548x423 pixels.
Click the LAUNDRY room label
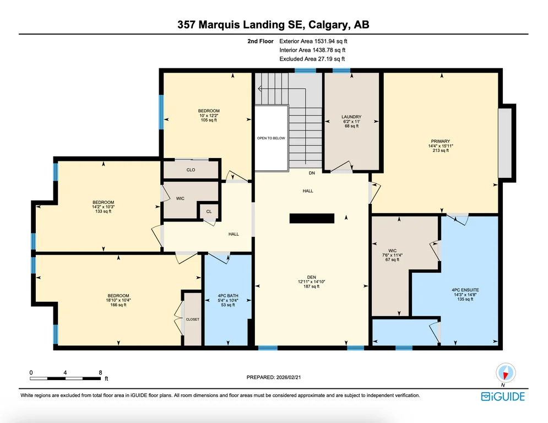click(351, 117)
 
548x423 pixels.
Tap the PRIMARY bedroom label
click(441, 141)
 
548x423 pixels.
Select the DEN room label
click(311, 277)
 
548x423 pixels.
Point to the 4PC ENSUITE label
click(465, 290)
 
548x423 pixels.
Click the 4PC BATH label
click(228, 296)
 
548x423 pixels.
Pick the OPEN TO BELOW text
click(271, 138)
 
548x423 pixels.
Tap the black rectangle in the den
click(312, 219)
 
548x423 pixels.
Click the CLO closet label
click(191, 170)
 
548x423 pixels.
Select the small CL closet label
click(209, 211)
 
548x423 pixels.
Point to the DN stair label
click(312, 173)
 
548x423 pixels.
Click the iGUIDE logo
click(503, 397)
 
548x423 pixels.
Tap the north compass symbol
click(506, 373)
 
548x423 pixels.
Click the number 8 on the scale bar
click(100, 373)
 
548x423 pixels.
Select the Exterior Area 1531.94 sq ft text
click(313, 41)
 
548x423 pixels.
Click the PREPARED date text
click(274, 377)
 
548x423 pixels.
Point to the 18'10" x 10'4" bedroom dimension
click(118, 300)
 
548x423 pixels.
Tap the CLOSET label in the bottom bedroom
click(193, 319)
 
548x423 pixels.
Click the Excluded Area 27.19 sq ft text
click(312, 59)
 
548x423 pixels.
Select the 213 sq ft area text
click(441, 150)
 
